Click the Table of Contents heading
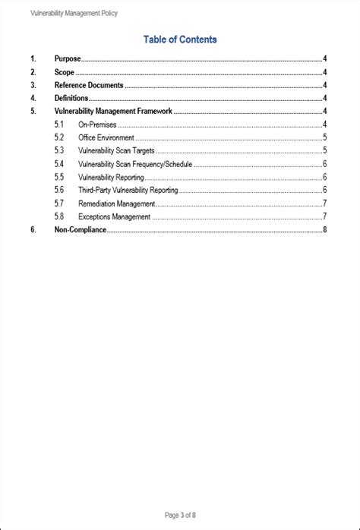pyautogui.click(x=180, y=39)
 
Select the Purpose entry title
pyautogui.click(x=68, y=58)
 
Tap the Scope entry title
pyautogui.click(x=65, y=72)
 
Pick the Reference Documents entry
pyautogui.click(x=89, y=86)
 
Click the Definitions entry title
pyautogui.click(x=71, y=98)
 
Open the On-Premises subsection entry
pyautogui.click(x=97, y=125)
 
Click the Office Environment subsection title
pyautogui.click(x=106, y=137)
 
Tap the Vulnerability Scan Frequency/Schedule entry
pyautogui.click(x=135, y=164)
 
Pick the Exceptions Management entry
pyautogui.click(x=114, y=216)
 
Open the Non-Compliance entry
pyautogui.click(x=80, y=229)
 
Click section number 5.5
pyautogui.click(x=59, y=177)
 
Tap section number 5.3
pyautogui.click(x=59, y=151)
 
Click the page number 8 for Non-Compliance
pyautogui.click(x=324, y=229)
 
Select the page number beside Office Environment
pyautogui.click(x=325, y=137)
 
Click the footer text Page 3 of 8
pyautogui.click(x=180, y=515)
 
